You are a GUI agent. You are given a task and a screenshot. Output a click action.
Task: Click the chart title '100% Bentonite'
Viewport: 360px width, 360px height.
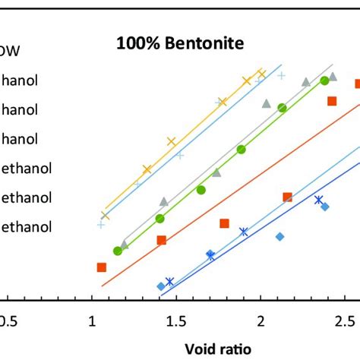179,44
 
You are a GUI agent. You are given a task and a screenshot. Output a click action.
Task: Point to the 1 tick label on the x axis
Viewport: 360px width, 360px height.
92,321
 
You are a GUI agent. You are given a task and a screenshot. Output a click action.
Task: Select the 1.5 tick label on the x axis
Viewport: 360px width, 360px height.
176,321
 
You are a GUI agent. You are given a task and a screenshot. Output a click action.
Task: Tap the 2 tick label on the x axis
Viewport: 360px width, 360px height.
261,321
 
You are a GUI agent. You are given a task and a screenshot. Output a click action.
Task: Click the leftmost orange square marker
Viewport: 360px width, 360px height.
102,267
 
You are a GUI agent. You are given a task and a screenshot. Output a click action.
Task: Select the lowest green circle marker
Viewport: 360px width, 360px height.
118,251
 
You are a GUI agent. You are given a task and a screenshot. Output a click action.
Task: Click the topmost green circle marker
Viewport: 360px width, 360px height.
324,81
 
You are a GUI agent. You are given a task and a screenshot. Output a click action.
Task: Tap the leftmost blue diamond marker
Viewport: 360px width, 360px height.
160,286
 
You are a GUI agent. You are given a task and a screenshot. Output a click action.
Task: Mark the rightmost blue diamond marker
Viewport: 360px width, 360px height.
325,207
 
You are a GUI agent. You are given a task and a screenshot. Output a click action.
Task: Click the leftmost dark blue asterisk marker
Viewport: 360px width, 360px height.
169,281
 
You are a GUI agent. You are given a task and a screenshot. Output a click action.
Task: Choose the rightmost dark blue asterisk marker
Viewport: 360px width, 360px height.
318,200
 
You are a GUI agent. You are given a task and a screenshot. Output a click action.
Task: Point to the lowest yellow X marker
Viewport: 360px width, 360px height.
105,216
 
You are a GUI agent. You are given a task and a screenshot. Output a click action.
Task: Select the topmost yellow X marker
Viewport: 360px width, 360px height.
262,74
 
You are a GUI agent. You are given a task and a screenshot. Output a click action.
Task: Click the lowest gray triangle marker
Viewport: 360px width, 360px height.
125,244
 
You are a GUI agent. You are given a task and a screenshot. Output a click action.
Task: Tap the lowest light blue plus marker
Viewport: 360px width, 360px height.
101,225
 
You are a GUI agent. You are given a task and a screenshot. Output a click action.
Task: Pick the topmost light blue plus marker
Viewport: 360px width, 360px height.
281,75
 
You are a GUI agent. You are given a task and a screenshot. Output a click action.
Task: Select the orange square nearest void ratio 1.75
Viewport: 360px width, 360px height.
225,223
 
